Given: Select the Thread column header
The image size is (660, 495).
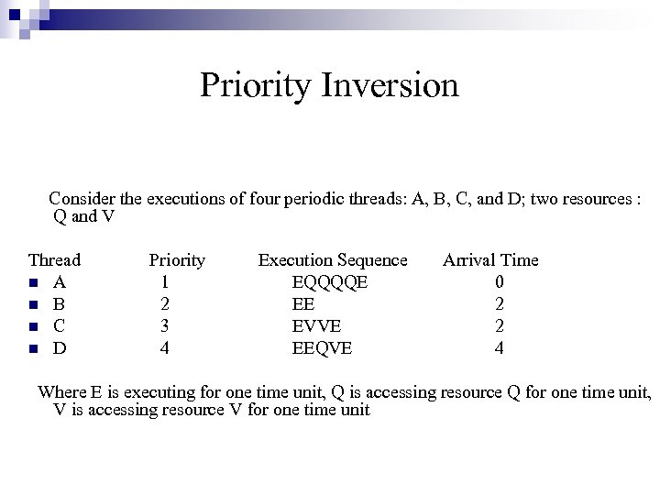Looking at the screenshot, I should [54, 260].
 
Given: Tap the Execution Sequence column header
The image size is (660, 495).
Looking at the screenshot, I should [332, 260].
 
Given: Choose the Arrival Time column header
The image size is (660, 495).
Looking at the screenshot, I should [490, 260].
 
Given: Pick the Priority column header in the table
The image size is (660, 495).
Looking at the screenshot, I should [177, 260].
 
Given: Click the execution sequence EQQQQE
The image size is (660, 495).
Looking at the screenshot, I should [329, 282].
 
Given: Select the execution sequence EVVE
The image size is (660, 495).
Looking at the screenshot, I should [316, 326].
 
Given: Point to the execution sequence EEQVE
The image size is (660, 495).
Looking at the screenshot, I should [321, 348].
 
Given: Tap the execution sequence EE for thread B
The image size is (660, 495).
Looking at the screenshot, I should [303, 304].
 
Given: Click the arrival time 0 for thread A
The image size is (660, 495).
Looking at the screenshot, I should [499, 282].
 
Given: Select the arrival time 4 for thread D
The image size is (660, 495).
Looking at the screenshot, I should [499, 348].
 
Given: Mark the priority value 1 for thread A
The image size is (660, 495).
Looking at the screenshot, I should [163, 282].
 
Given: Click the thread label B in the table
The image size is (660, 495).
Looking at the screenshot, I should [59, 304].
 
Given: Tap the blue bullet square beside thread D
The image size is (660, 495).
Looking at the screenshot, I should [33, 349].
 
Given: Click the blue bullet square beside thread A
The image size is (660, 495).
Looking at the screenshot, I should [33, 283].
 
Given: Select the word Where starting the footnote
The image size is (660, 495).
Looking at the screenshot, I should [61, 392].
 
